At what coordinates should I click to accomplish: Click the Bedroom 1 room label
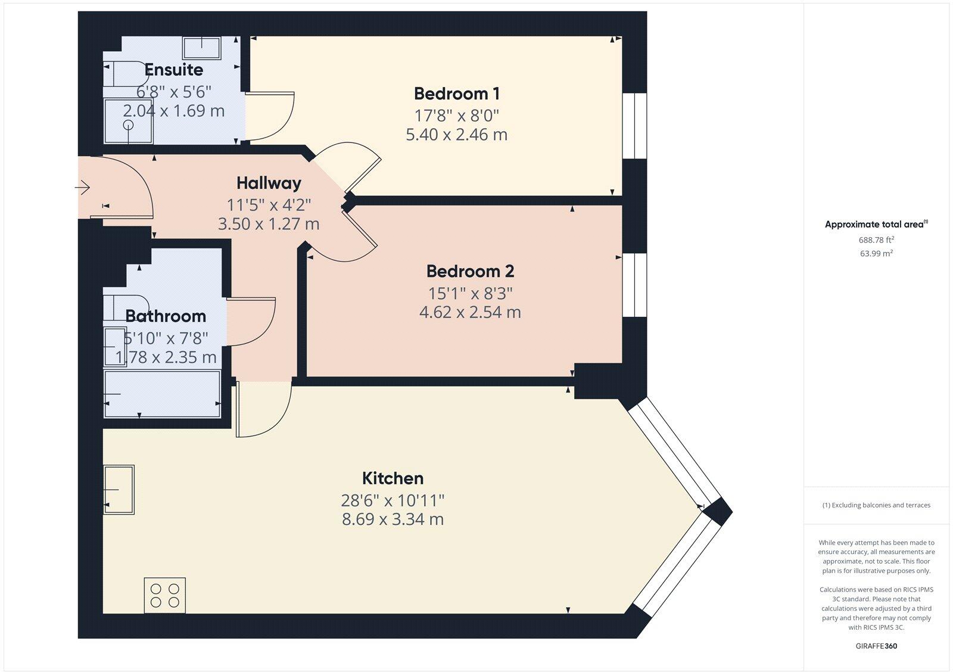[x=456, y=94]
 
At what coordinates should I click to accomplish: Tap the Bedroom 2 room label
[x=470, y=272]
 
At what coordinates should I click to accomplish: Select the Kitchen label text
[x=393, y=478]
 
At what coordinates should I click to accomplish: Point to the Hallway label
[x=269, y=183]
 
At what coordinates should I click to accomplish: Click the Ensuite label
[x=173, y=70]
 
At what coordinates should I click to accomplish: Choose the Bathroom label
[x=165, y=316]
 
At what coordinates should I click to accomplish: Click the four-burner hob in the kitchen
[x=165, y=595]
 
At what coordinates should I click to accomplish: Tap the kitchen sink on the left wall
[x=119, y=489]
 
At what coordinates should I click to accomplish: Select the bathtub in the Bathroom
[x=162, y=394]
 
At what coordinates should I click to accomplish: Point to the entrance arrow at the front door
[x=82, y=189]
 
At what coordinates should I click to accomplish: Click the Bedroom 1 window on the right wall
[x=634, y=126]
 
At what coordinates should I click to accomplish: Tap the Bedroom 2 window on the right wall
[x=634, y=285]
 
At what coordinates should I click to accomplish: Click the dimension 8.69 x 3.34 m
[x=393, y=519]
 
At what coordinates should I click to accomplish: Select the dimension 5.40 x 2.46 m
[x=456, y=135]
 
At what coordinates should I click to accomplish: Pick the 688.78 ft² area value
[x=876, y=240]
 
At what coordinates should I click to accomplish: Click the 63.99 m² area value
[x=876, y=253]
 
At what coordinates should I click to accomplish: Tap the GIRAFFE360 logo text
[x=876, y=646]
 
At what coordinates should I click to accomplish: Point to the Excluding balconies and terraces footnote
[x=876, y=505]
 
